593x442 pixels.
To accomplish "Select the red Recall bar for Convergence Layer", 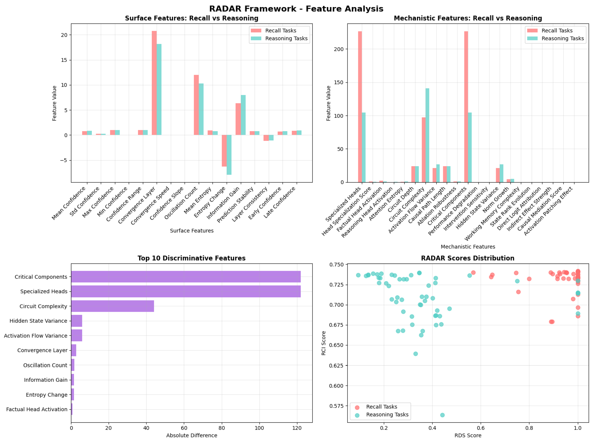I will (154, 83).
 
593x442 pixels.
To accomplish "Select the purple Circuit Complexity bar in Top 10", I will (112, 306).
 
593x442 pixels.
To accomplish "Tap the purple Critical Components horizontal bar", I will (186, 276).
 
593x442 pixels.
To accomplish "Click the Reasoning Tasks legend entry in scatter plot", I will (387, 415).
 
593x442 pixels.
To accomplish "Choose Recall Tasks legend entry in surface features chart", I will (280, 31).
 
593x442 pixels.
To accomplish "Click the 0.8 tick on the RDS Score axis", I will (529, 428).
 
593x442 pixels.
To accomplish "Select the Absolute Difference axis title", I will (192, 435).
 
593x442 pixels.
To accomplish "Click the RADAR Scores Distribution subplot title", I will (468, 258).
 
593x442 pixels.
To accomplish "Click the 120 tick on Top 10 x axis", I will (297, 428).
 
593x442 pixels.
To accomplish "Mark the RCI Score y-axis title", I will (324, 343).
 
